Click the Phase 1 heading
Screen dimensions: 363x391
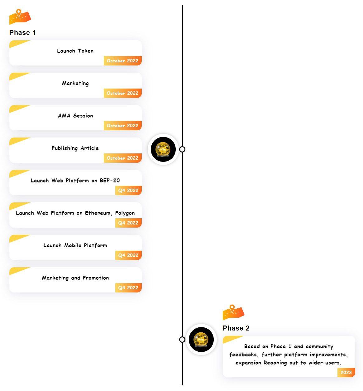coord(22,32)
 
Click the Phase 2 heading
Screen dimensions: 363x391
coord(236,328)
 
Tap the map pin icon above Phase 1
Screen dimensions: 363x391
coord(20,17)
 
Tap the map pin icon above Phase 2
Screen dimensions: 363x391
coord(234,312)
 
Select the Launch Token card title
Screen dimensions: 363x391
coord(75,51)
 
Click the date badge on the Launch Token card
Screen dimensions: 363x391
coord(122,60)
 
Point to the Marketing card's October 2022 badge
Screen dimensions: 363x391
coord(122,93)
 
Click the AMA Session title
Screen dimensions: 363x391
coord(75,116)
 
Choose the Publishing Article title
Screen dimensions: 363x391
coord(75,148)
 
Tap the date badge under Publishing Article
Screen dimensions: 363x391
coord(122,158)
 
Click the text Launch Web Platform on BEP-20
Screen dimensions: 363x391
coord(75,180)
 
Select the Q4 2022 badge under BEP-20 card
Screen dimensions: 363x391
coord(128,191)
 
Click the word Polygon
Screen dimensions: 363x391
coord(125,213)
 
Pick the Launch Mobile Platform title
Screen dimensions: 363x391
coord(75,245)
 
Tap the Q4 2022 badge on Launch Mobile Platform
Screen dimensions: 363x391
coord(128,255)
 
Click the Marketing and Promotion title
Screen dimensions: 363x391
coord(75,278)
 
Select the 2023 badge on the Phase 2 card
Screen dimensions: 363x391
coord(346,373)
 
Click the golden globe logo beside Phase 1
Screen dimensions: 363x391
coord(163,149)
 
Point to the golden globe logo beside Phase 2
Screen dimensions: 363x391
coord(201,340)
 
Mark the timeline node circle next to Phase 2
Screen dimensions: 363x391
coord(182,340)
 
